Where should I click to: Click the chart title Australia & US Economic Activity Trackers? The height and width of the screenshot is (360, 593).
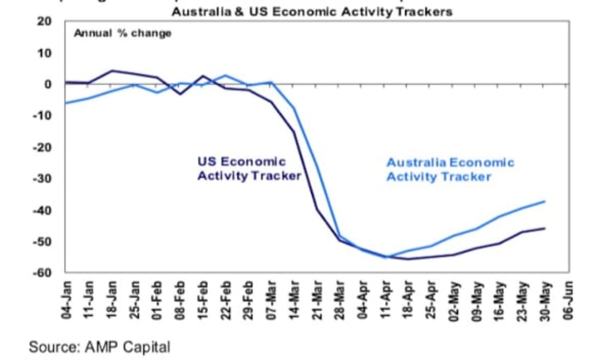[x=312, y=11]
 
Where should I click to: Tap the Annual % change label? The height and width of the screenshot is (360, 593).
[x=123, y=34]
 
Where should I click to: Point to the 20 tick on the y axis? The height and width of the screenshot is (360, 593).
[x=44, y=21]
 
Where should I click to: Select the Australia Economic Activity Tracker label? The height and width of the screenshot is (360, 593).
[x=450, y=170]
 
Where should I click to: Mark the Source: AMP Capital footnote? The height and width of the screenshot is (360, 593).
[x=99, y=347]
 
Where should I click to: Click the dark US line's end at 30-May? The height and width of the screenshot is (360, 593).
[x=544, y=228]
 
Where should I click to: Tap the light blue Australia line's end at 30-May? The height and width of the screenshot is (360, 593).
[x=544, y=201]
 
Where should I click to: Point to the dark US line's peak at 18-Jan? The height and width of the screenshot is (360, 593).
[x=112, y=71]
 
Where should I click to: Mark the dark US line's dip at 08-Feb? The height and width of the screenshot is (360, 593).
[x=180, y=94]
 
